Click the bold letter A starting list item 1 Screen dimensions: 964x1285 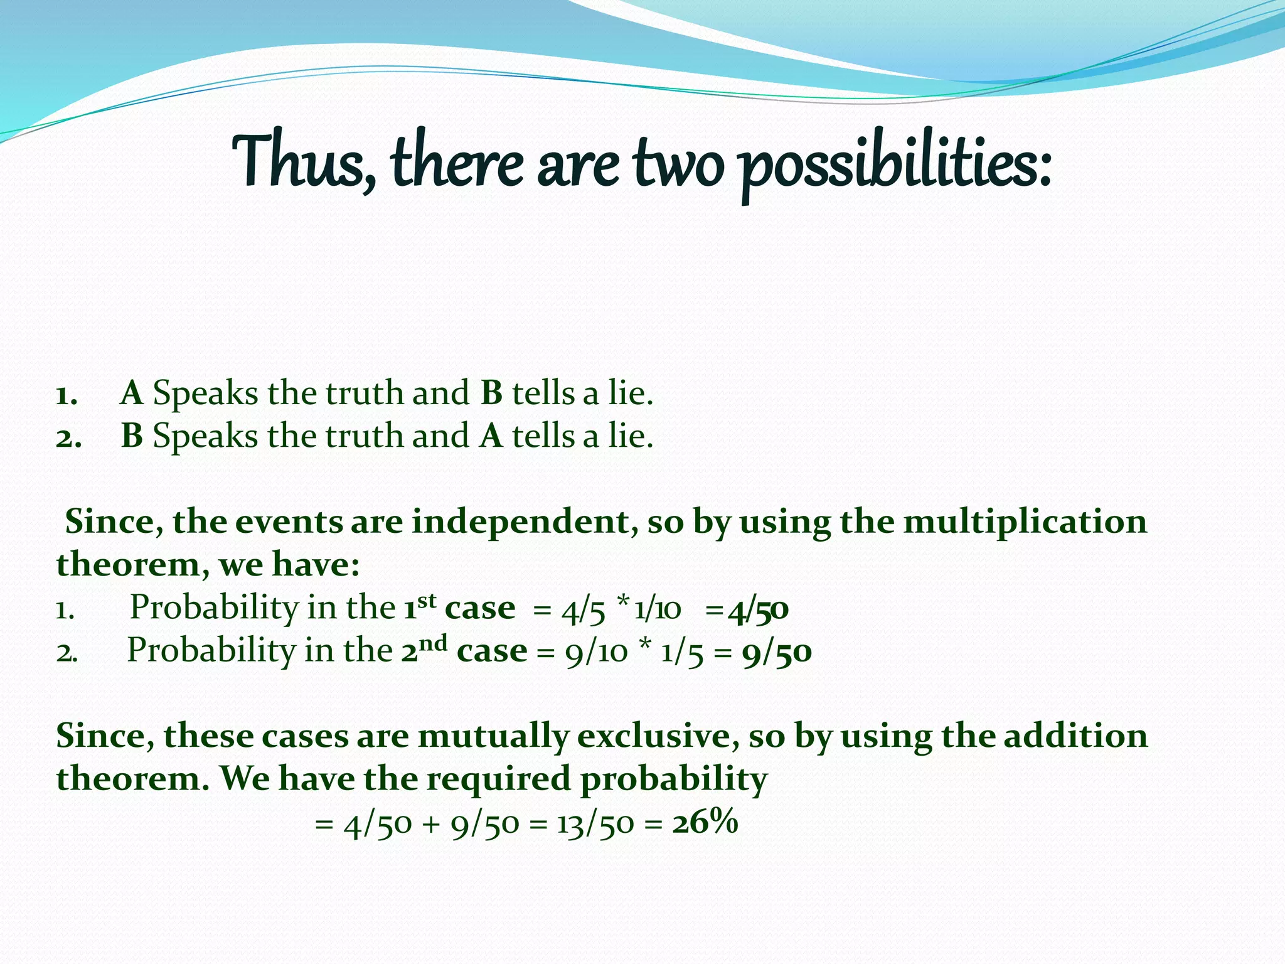click(x=132, y=394)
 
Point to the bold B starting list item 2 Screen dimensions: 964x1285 click(x=132, y=436)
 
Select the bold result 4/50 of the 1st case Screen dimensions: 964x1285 click(x=758, y=610)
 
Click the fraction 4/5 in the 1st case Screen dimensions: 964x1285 click(x=584, y=610)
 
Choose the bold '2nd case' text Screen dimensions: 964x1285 click(x=464, y=650)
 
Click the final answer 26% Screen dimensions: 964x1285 click(x=705, y=822)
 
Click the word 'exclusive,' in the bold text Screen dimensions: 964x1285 click(x=658, y=736)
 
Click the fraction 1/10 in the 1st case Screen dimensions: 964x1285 click(x=657, y=610)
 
